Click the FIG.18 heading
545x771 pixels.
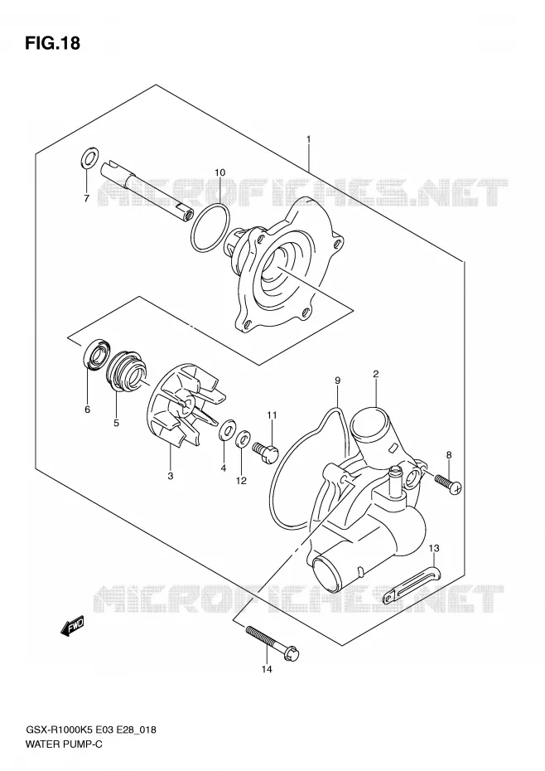coord(52,43)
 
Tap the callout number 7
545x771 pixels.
coord(86,199)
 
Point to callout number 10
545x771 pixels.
coord(219,172)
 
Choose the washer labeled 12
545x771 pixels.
coord(243,439)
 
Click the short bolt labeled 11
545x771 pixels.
coord(265,451)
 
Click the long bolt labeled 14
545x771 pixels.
coord(272,643)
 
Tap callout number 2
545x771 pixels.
coord(375,374)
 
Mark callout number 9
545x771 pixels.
coord(338,380)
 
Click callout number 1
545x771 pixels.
coord(309,139)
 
